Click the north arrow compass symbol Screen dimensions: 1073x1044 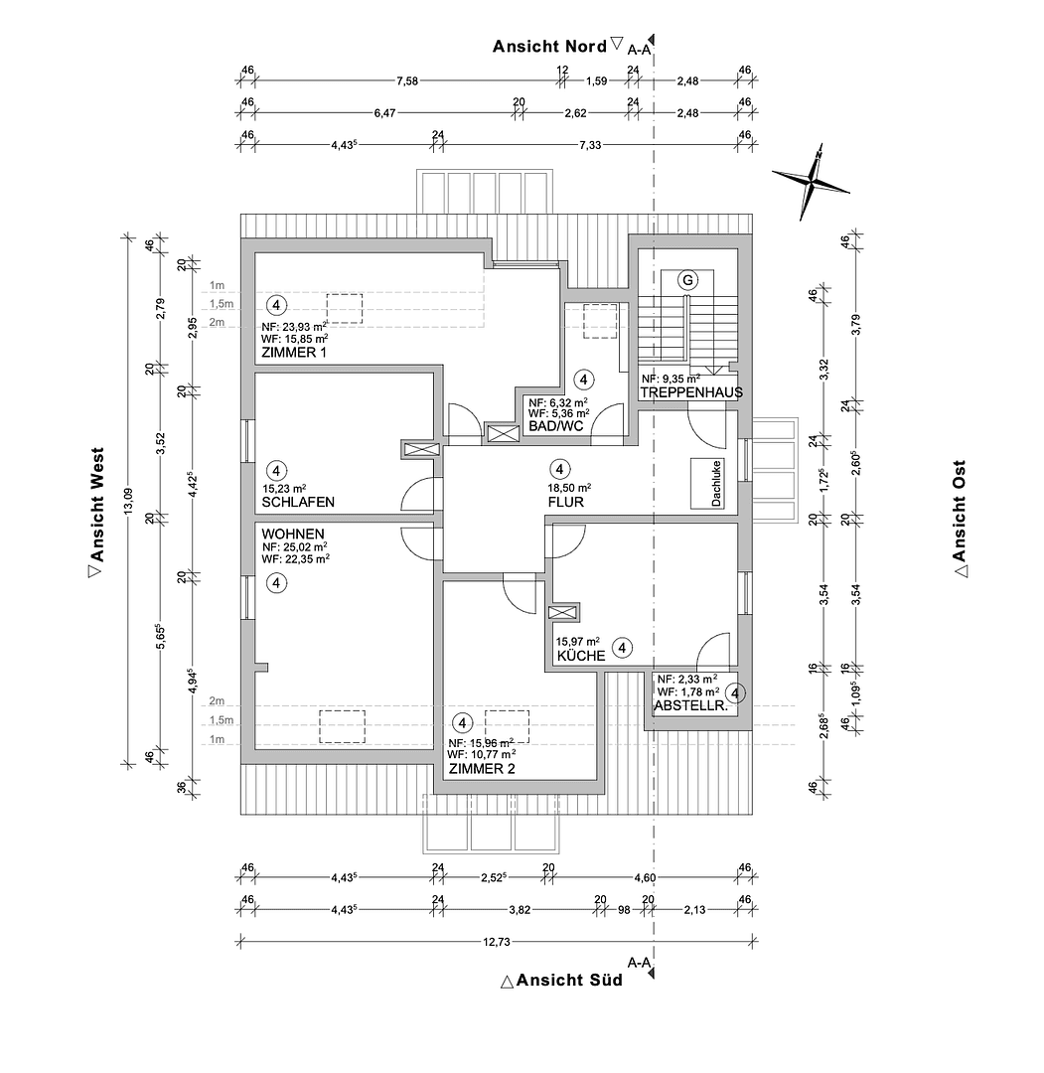(812, 182)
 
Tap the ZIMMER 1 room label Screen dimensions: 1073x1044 (293, 353)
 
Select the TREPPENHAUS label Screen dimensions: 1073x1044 (691, 392)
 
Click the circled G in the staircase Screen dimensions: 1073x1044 (685, 280)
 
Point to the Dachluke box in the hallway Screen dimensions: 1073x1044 (716, 484)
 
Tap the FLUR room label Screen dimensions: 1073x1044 (565, 503)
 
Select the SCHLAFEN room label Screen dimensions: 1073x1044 (298, 503)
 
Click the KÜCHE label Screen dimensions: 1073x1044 (581, 657)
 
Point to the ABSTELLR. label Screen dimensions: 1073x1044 (691, 707)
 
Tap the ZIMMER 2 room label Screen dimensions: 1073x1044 (483, 769)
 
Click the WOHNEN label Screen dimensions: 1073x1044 (293, 534)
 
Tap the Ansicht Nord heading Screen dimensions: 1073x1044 (550, 46)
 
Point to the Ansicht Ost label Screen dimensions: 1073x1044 (959, 517)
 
